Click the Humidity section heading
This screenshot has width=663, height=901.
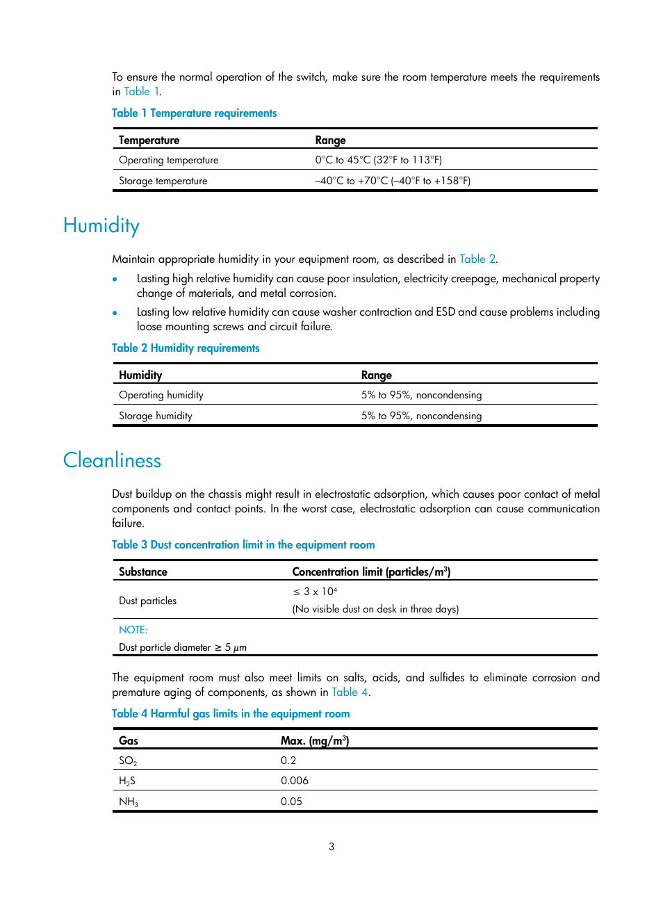pos(101,226)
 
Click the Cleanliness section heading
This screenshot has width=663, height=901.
pos(112,460)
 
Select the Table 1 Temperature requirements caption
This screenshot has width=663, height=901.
pos(194,113)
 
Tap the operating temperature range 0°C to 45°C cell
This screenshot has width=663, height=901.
pos(378,160)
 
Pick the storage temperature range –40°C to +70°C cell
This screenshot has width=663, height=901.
pos(393,181)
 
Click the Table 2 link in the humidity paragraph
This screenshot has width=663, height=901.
pos(477,259)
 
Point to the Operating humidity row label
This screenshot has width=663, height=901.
pos(161,395)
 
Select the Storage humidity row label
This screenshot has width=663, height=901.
pos(156,416)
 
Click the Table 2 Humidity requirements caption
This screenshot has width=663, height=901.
pos(186,348)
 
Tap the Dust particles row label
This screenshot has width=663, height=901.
pos(147,601)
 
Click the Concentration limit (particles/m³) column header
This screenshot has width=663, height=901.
pos(371,571)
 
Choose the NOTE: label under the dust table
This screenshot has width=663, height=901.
pos(133,630)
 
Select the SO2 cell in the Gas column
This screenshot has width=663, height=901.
pos(128,761)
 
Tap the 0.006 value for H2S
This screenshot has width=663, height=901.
pos(295,781)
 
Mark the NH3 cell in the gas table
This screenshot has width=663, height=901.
pos(129,802)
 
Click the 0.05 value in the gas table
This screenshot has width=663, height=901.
pos(291,802)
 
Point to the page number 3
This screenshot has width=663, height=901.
pos(331,847)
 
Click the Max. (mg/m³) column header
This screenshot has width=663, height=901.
pos(315,740)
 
